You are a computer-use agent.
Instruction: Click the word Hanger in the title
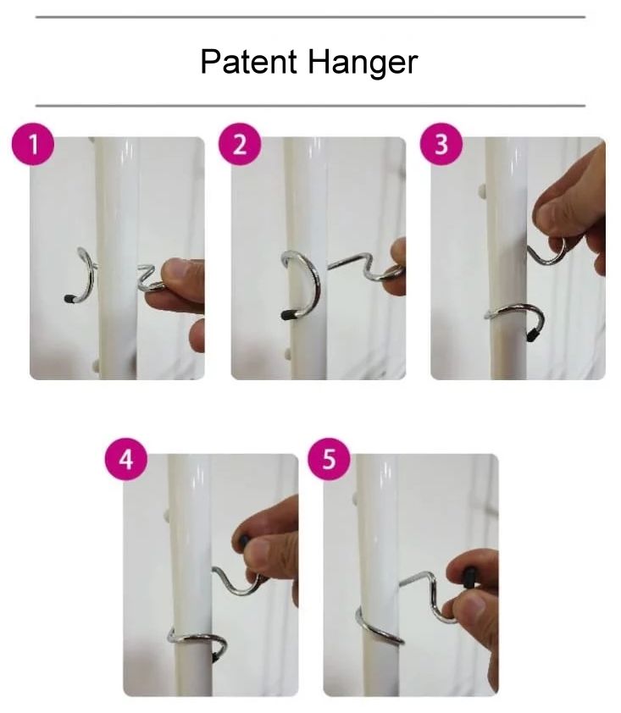tap(362, 64)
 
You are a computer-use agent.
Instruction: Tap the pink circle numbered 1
tap(33, 145)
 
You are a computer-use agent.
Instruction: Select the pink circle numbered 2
tap(240, 145)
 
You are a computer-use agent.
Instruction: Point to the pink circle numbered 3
tap(441, 145)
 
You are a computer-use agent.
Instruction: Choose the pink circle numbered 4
tap(126, 459)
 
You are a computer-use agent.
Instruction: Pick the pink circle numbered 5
tap(329, 459)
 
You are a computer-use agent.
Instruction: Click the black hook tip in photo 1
tap(69, 299)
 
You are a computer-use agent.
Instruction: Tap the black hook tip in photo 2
tap(287, 314)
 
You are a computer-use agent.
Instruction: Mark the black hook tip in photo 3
tap(530, 335)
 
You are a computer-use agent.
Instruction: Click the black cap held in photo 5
tap(469, 576)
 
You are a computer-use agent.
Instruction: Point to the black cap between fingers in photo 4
tap(244, 542)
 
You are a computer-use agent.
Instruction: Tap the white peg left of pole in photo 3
tap(483, 191)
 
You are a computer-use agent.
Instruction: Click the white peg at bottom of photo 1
tap(95, 364)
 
